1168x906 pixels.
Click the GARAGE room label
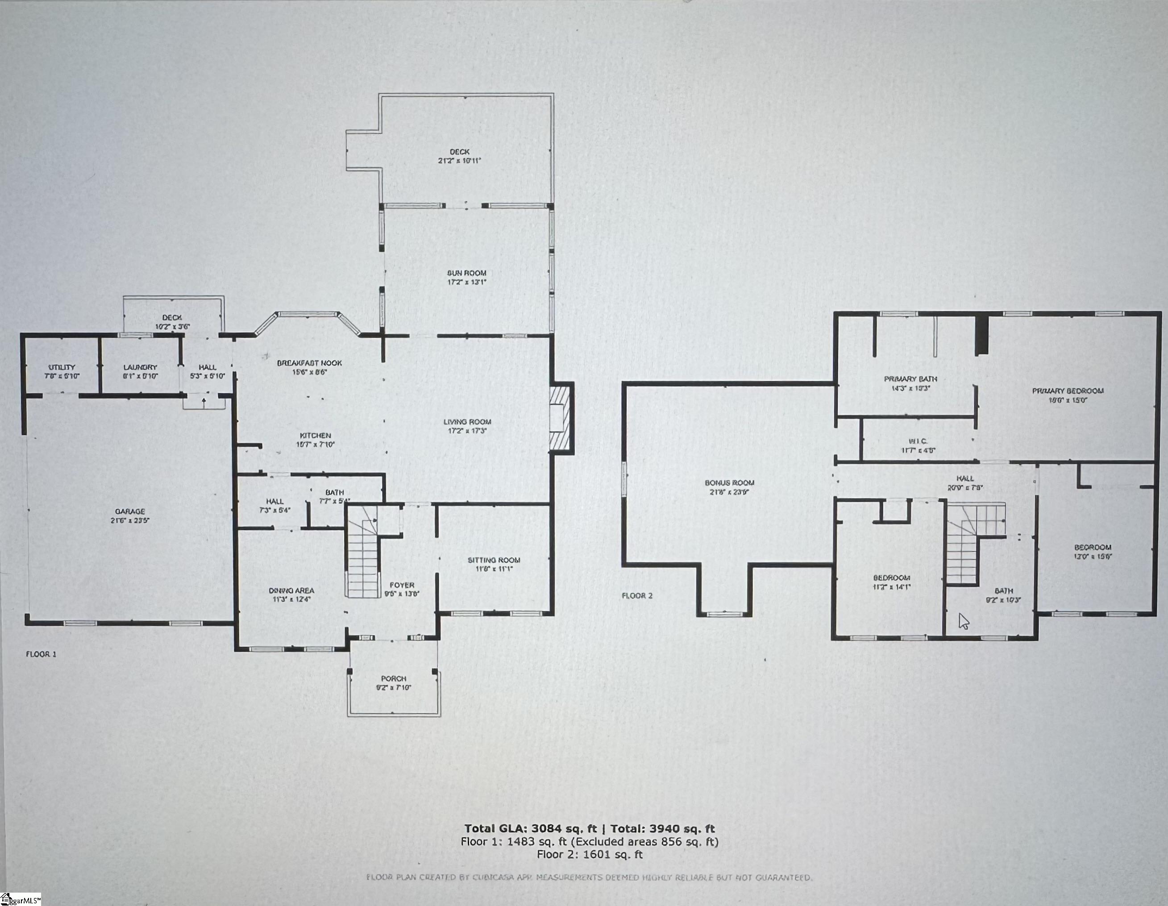point(130,511)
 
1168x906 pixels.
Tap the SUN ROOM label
point(466,273)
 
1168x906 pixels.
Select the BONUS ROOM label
point(729,483)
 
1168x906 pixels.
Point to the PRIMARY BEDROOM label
point(1068,391)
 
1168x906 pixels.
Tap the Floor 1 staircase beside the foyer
point(362,556)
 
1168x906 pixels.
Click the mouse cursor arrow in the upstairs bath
point(963,621)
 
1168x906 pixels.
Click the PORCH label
point(394,679)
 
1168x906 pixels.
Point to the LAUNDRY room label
point(140,367)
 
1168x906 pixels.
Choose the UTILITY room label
point(62,367)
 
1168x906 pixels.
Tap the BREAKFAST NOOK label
point(309,363)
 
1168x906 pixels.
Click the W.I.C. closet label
point(918,442)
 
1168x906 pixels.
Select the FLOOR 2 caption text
point(637,596)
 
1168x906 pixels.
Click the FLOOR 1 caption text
point(41,654)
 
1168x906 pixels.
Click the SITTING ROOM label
point(494,560)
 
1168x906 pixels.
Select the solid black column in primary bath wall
point(981,335)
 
